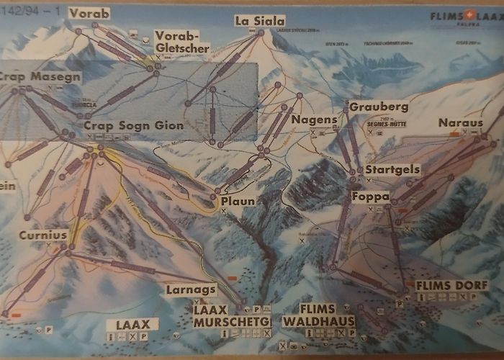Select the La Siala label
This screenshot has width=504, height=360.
pyautogui.click(x=260, y=21)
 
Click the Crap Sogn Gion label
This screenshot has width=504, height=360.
pyautogui.click(x=133, y=125)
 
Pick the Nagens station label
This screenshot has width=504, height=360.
pyautogui.click(x=315, y=119)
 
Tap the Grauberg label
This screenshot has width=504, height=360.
pyautogui.click(x=378, y=107)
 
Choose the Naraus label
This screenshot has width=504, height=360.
pyautogui.click(x=460, y=123)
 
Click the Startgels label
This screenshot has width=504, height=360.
pyautogui.click(x=392, y=169)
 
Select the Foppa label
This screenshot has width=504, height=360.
pyautogui.click(x=371, y=197)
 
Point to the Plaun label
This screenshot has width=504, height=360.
pyautogui.click(x=238, y=202)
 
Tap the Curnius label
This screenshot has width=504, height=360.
pyautogui.click(x=42, y=235)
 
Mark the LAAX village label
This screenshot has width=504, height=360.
pyautogui.click(x=127, y=324)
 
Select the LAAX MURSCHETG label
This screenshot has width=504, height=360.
pyautogui.click(x=231, y=315)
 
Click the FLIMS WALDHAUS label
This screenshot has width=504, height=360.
pyautogui.click(x=318, y=315)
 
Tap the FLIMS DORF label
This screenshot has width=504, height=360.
pyautogui.click(x=451, y=285)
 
